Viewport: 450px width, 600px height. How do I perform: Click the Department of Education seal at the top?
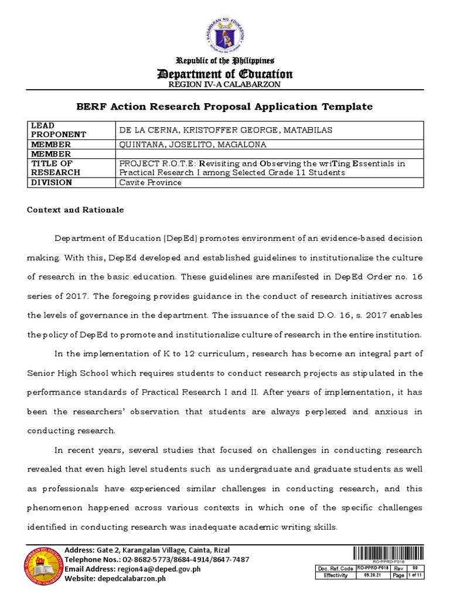(224, 35)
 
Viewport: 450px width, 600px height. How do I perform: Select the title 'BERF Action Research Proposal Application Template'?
(225, 106)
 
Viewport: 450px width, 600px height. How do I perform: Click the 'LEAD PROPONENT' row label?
(58, 130)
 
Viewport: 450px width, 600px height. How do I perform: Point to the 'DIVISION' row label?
(52, 182)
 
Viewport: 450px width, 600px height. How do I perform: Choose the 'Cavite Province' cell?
(150, 182)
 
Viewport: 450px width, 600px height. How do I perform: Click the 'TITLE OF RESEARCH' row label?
(55, 168)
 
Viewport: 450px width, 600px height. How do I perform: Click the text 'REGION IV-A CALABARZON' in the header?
(225, 84)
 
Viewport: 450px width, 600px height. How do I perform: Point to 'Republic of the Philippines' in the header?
(225, 61)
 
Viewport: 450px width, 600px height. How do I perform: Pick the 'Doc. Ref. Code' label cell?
(335, 568)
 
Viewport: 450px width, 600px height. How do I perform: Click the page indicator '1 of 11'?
(415, 575)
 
